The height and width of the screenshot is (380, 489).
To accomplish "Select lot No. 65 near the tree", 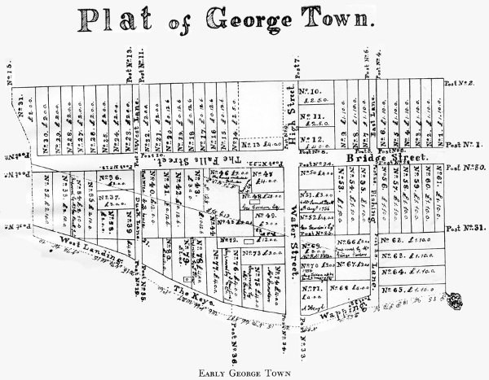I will click(x=407, y=288).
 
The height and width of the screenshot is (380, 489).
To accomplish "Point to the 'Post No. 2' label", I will click(x=462, y=82).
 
